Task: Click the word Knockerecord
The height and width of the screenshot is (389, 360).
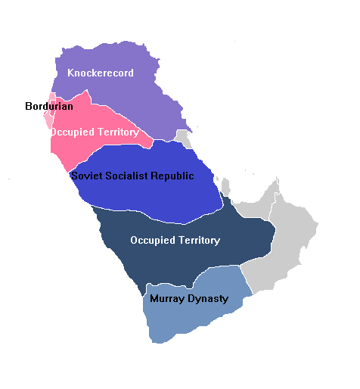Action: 100,73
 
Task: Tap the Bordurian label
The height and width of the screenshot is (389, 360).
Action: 49,107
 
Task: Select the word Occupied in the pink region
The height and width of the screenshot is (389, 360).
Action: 73,132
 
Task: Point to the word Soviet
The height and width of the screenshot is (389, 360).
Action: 86,176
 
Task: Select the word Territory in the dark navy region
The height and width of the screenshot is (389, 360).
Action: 198,241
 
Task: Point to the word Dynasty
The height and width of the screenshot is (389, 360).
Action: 208,299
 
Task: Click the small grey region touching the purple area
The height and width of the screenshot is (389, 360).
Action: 183,138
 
